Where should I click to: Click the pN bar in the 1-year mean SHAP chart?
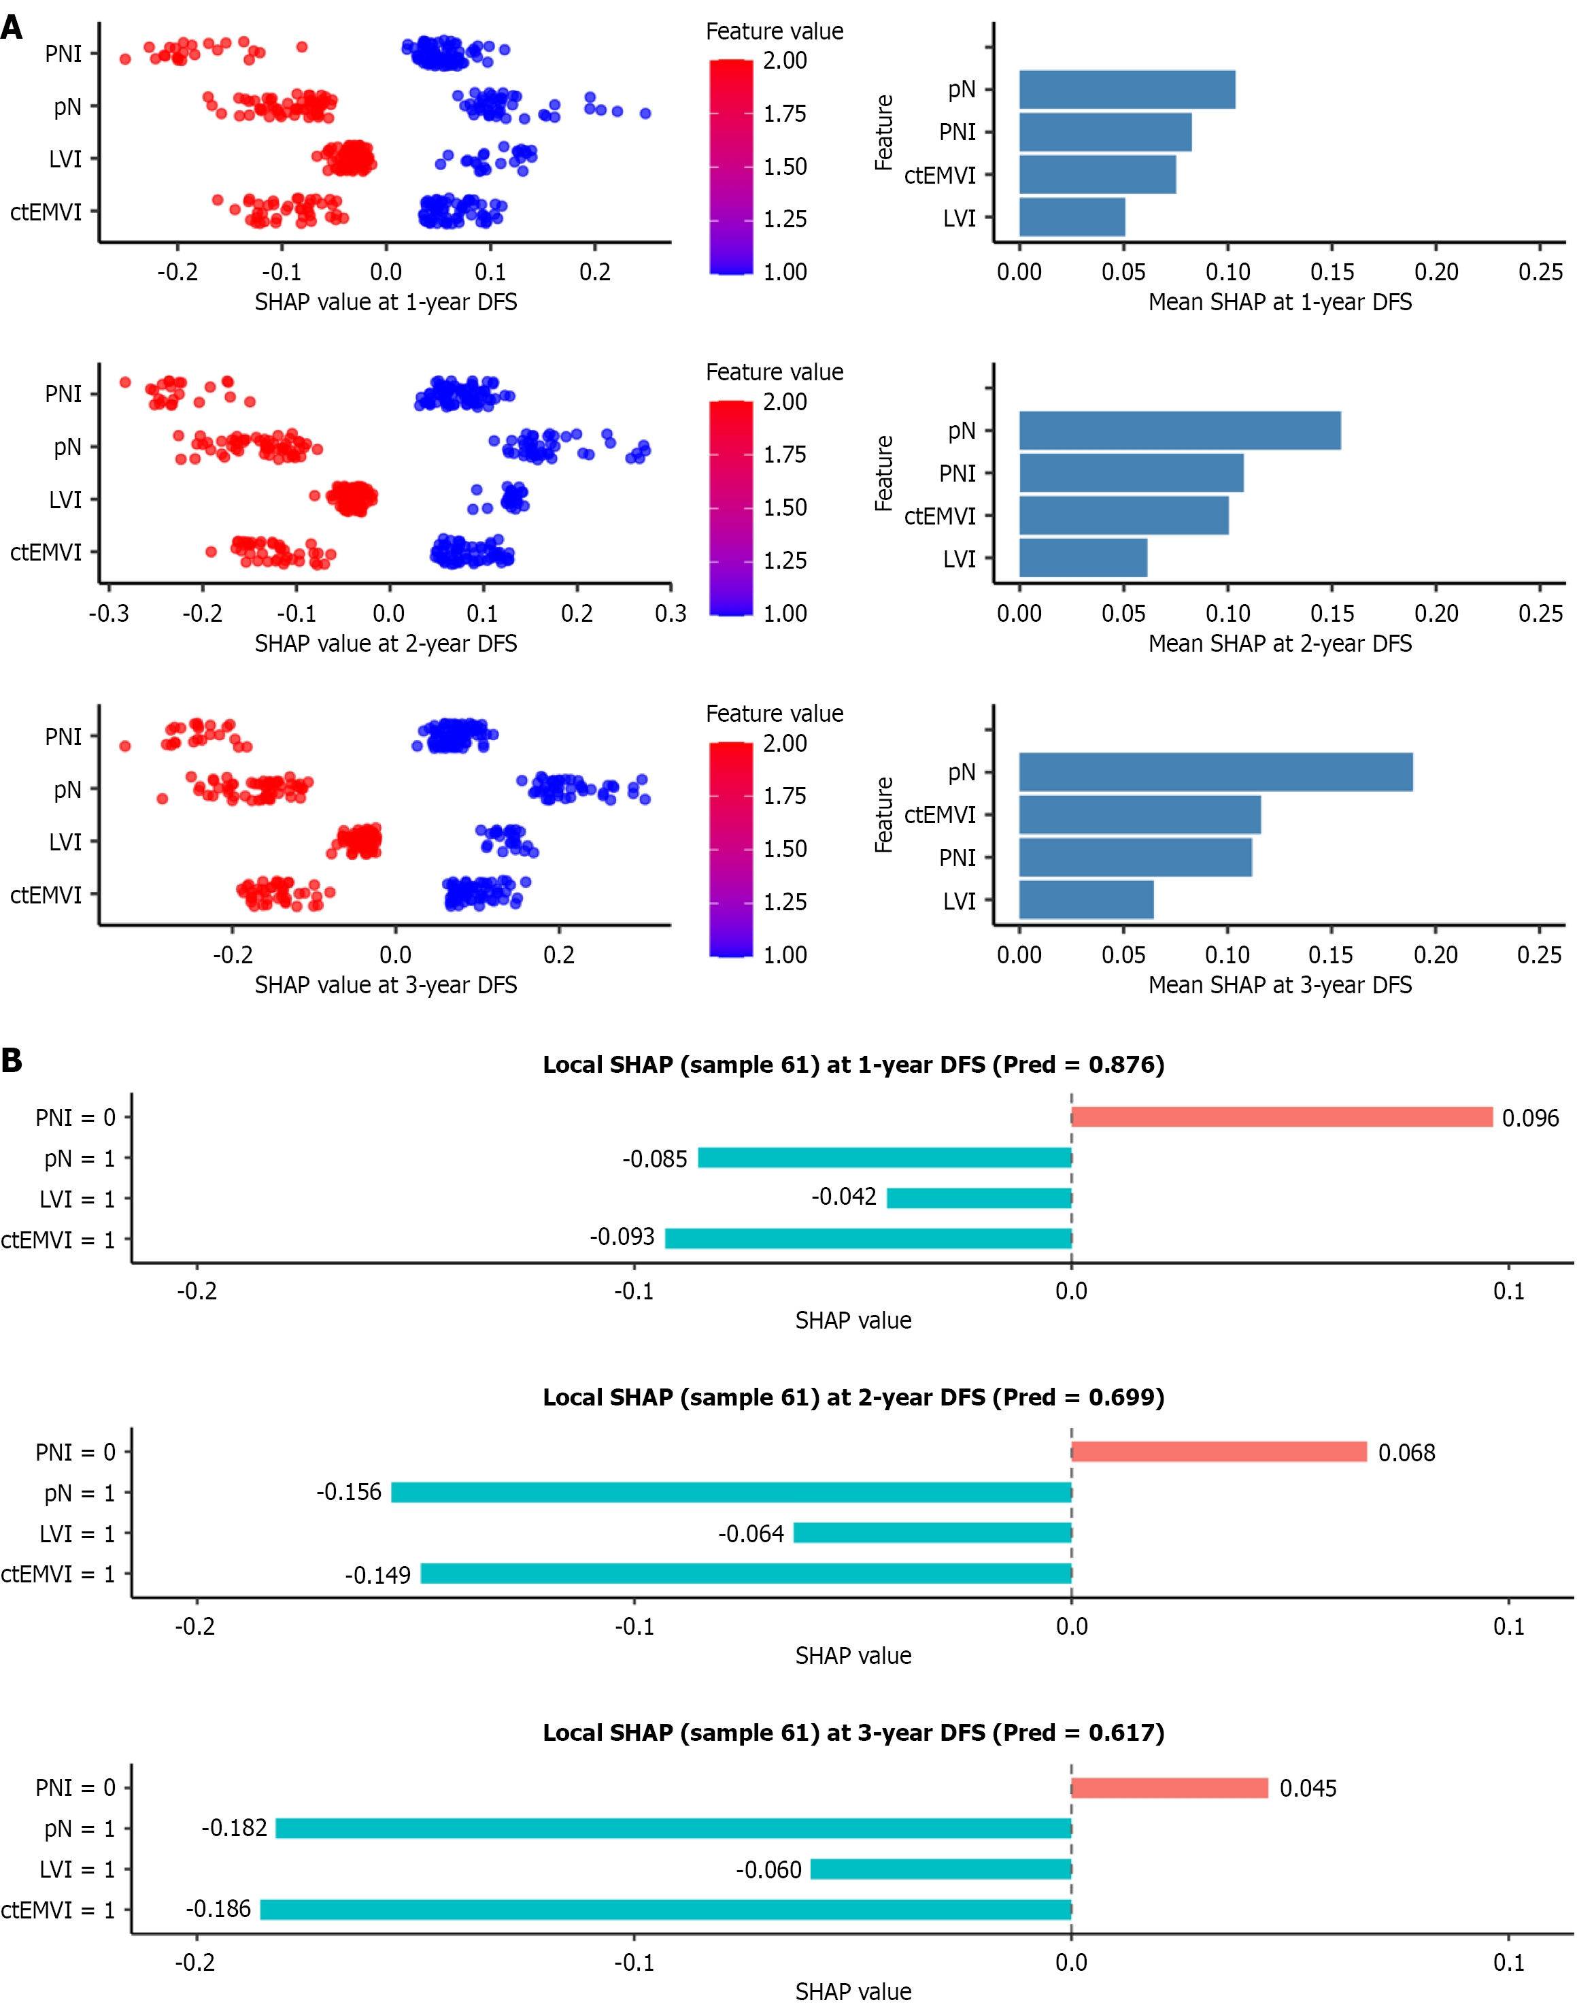pyautogui.click(x=1126, y=90)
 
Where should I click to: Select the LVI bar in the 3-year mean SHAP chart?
pyautogui.click(x=1086, y=900)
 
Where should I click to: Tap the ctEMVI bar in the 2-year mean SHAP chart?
pyautogui.click(x=1123, y=515)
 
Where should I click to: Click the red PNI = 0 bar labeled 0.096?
pyautogui.click(x=1282, y=1117)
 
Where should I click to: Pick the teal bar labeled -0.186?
pyautogui.click(x=665, y=1910)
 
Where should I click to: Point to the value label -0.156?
pyautogui.click(x=349, y=1492)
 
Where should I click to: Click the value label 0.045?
pyautogui.click(x=1308, y=1789)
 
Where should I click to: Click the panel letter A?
pyautogui.click(x=12, y=28)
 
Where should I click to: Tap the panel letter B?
pyautogui.click(x=12, y=1061)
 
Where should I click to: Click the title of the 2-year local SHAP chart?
pyautogui.click(x=853, y=1397)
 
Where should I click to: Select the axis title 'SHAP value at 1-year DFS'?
pyautogui.click(x=386, y=303)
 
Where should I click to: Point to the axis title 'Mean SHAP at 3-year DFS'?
pyautogui.click(x=1280, y=985)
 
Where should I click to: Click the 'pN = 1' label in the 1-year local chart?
pyautogui.click(x=80, y=1159)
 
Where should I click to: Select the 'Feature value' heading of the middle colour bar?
pyautogui.click(x=775, y=372)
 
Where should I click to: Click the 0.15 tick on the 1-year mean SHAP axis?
pyautogui.click(x=1332, y=272)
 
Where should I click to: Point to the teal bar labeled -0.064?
pyautogui.click(x=932, y=1533)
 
